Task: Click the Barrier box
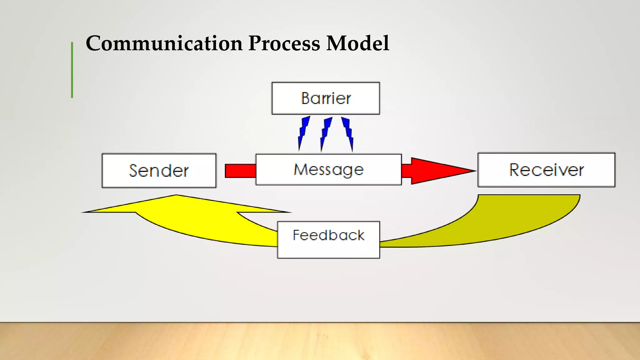click(x=326, y=98)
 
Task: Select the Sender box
click(x=159, y=171)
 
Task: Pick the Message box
click(x=328, y=170)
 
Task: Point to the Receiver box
click(x=546, y=170)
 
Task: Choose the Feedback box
click(x=328, y=240)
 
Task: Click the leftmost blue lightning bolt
click(x=303, y=133)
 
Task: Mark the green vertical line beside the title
click(x=72, y=70)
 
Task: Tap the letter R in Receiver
click(x=516, y=170)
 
